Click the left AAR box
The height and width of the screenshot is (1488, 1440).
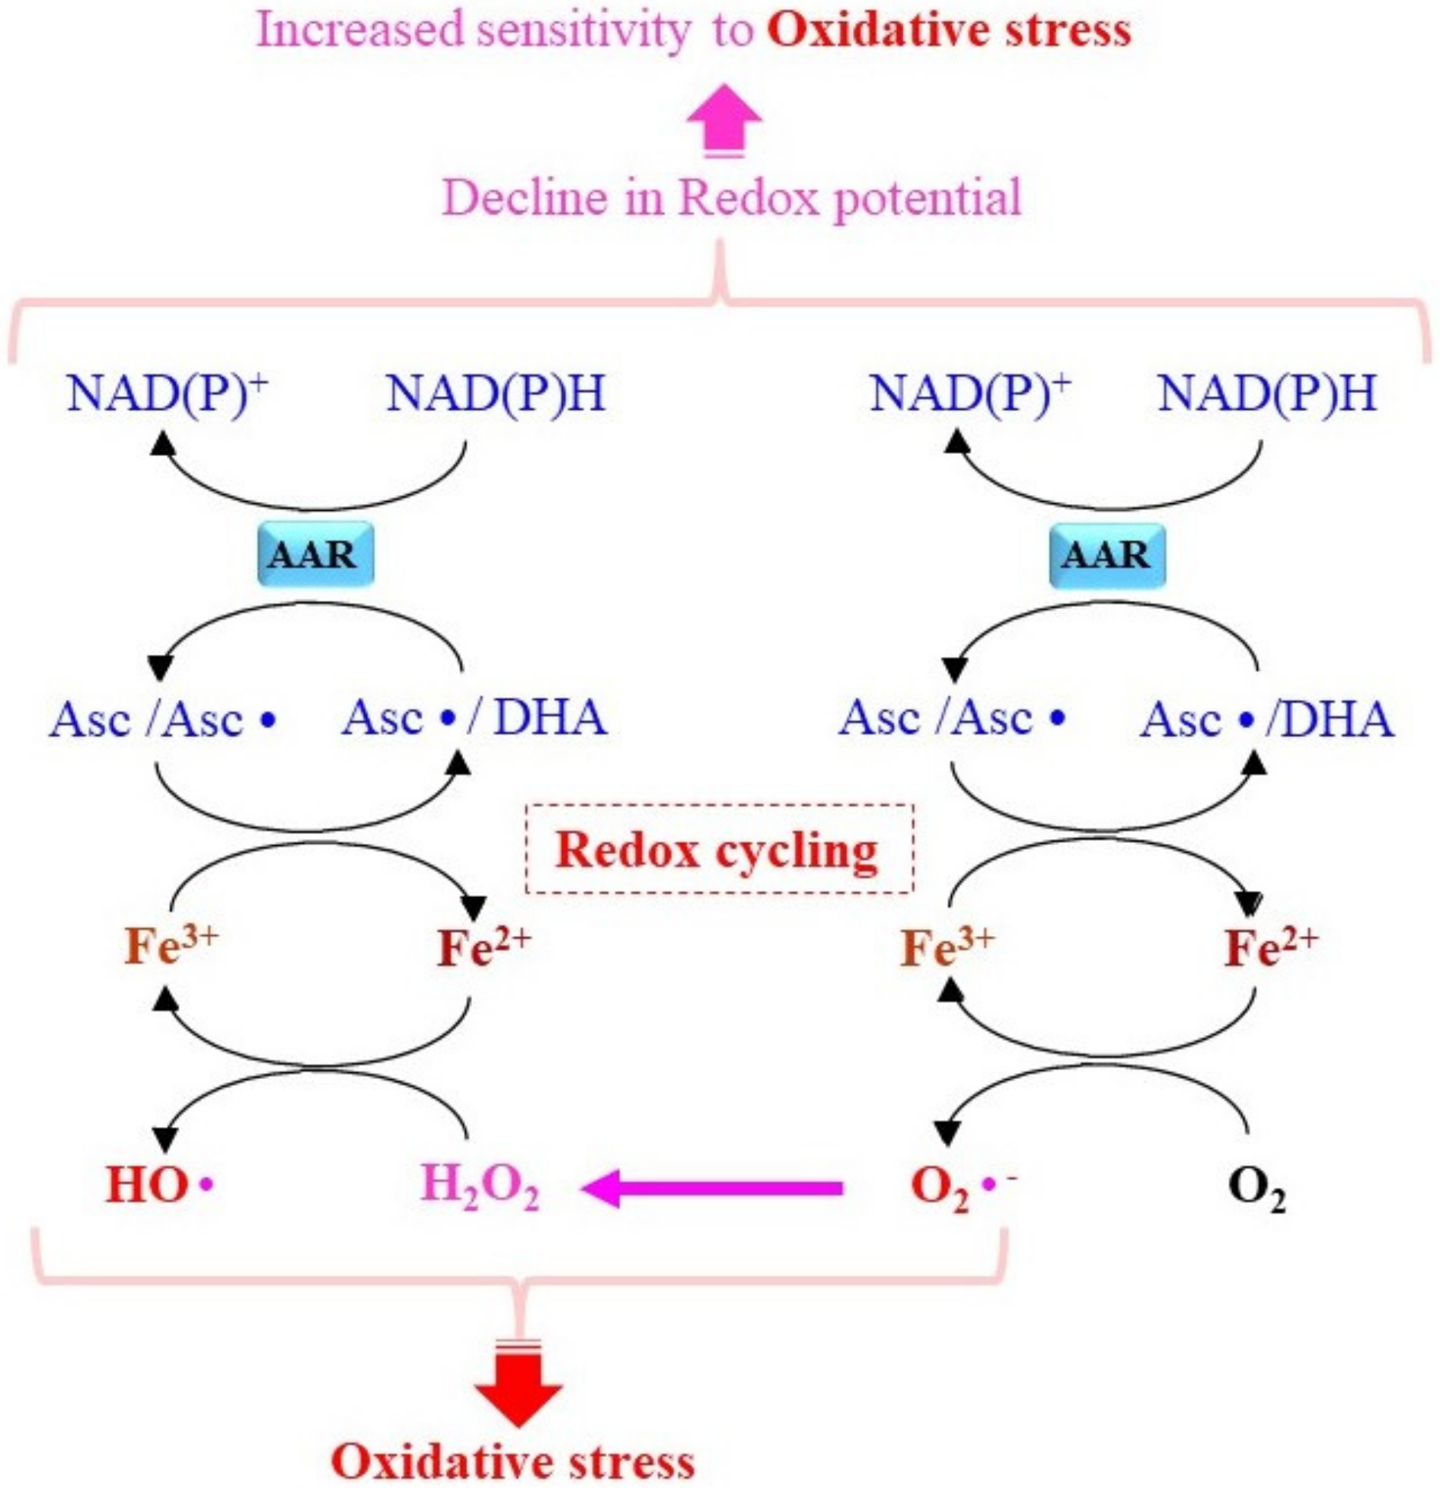pyautogui.click(x=315, y=554)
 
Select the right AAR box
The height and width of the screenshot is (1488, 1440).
pyautogui.click(x=1107, y=555)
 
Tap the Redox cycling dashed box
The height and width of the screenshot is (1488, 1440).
pyautogui.click(x=719, y=848)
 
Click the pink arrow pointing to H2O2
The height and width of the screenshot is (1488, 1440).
pyautogui.click(x=712, y=1188)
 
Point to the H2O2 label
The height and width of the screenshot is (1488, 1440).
pyautogui.click(x=481, y=1189)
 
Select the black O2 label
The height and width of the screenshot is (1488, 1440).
pyautogui.click(x=1256, y=1189)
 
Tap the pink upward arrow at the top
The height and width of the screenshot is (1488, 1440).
pyautogui.click(x=723, y=121)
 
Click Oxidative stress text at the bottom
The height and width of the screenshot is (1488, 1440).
pyautogui.click(x=512, y=1461)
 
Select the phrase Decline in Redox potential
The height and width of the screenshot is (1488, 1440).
pyautogui.click(x=731, y=197)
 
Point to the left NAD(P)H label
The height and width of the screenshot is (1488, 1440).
pyautogui.click(x=496, y=394)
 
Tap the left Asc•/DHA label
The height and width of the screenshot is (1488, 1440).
pyautogui.click(x=474, y=717)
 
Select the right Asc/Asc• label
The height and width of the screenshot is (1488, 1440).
pyautogui.click(x=952, y=717)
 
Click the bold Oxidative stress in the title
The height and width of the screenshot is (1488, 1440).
pyautogui.click(x=949, y=30)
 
